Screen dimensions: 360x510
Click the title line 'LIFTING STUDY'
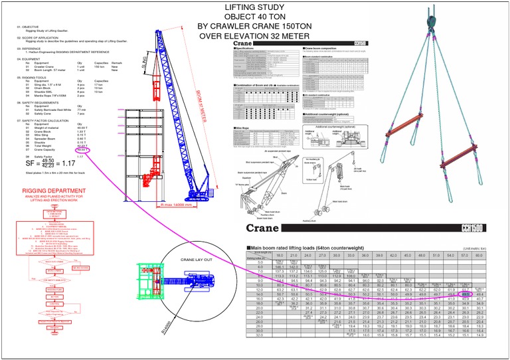pos(255,6)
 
